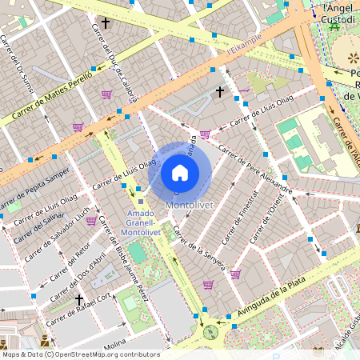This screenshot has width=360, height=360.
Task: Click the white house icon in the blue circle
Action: [180, 173]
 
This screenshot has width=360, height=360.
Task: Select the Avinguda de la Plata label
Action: [275, 305]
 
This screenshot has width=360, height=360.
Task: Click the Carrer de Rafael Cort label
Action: [81, 311]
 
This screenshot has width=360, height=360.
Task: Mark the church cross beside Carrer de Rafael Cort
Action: [78, 299]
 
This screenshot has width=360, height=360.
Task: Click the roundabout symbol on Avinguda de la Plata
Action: [210, 331]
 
